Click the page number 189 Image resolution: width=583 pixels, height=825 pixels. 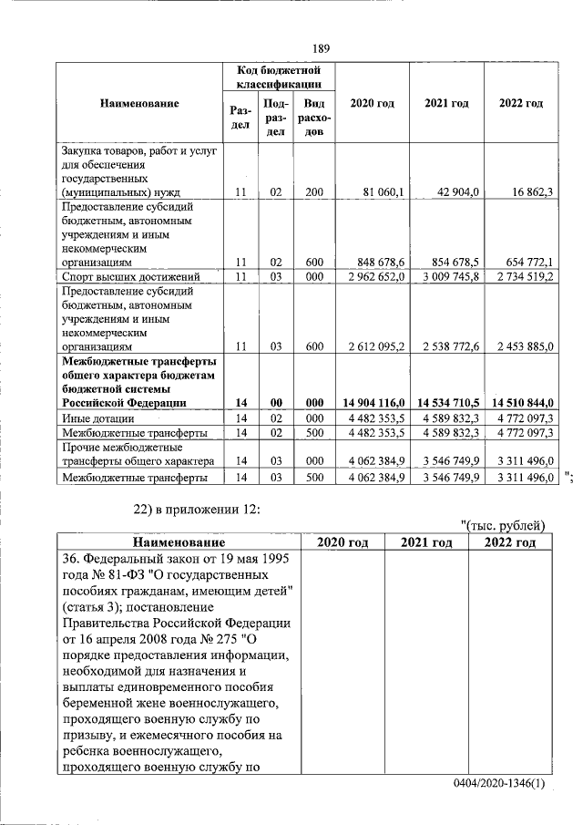[320, 47]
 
